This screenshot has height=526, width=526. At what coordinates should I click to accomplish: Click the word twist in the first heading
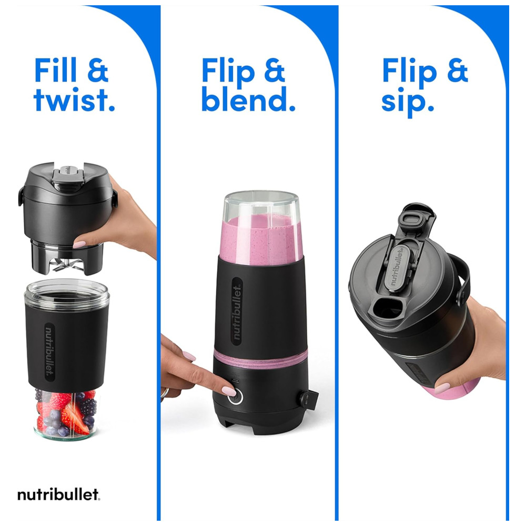(x=74, y=99)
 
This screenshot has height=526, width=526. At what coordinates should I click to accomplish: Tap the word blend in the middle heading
(x=248, y=99)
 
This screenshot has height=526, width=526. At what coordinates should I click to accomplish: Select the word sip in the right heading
(x=408, y=102)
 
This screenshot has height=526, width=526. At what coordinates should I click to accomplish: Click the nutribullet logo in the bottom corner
(x=59, y=494)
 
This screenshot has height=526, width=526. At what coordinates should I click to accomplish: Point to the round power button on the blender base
(x=235, y=397)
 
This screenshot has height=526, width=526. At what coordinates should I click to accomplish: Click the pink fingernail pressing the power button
(x=229, y=391)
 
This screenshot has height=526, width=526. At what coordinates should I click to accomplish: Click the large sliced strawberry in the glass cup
(x=75, y=417)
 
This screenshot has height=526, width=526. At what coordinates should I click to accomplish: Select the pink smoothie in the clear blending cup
(x=261, y=239)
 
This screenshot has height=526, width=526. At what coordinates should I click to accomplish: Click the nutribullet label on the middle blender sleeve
(x=237, y=312)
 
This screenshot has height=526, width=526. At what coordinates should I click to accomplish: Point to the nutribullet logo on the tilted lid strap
(x=399, y=266)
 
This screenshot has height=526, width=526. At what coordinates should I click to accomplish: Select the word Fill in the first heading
(x=56, y=70)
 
